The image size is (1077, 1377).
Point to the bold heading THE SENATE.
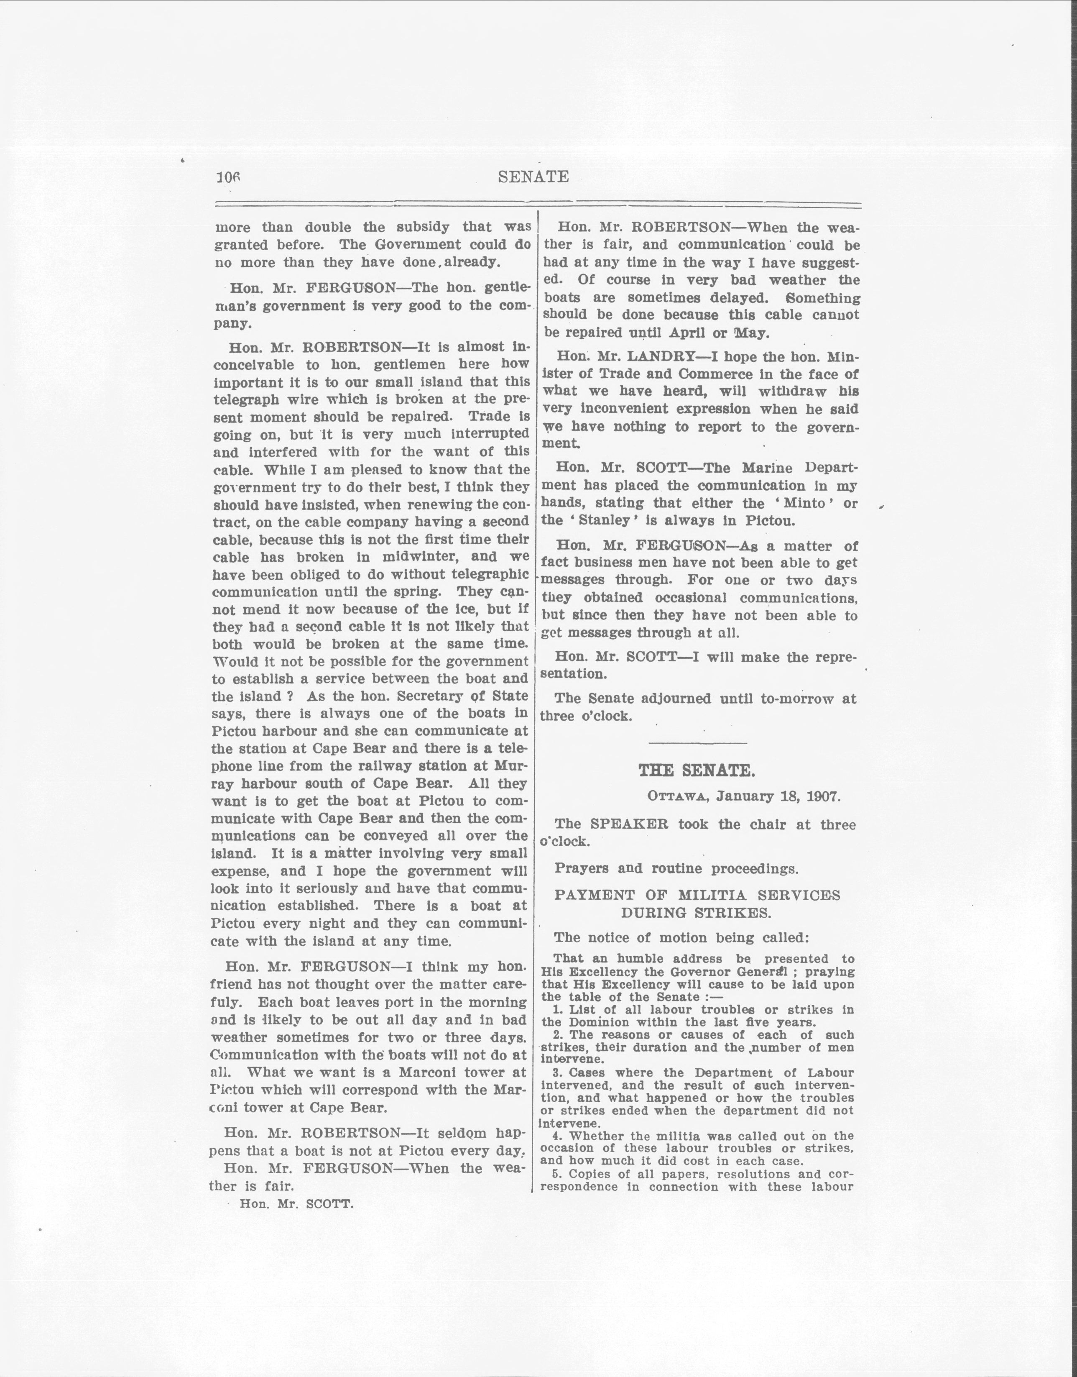tap(696, 770)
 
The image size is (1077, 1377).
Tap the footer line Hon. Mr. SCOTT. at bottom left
tap(296, 1203)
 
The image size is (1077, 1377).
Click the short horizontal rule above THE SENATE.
tap(697, 743)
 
